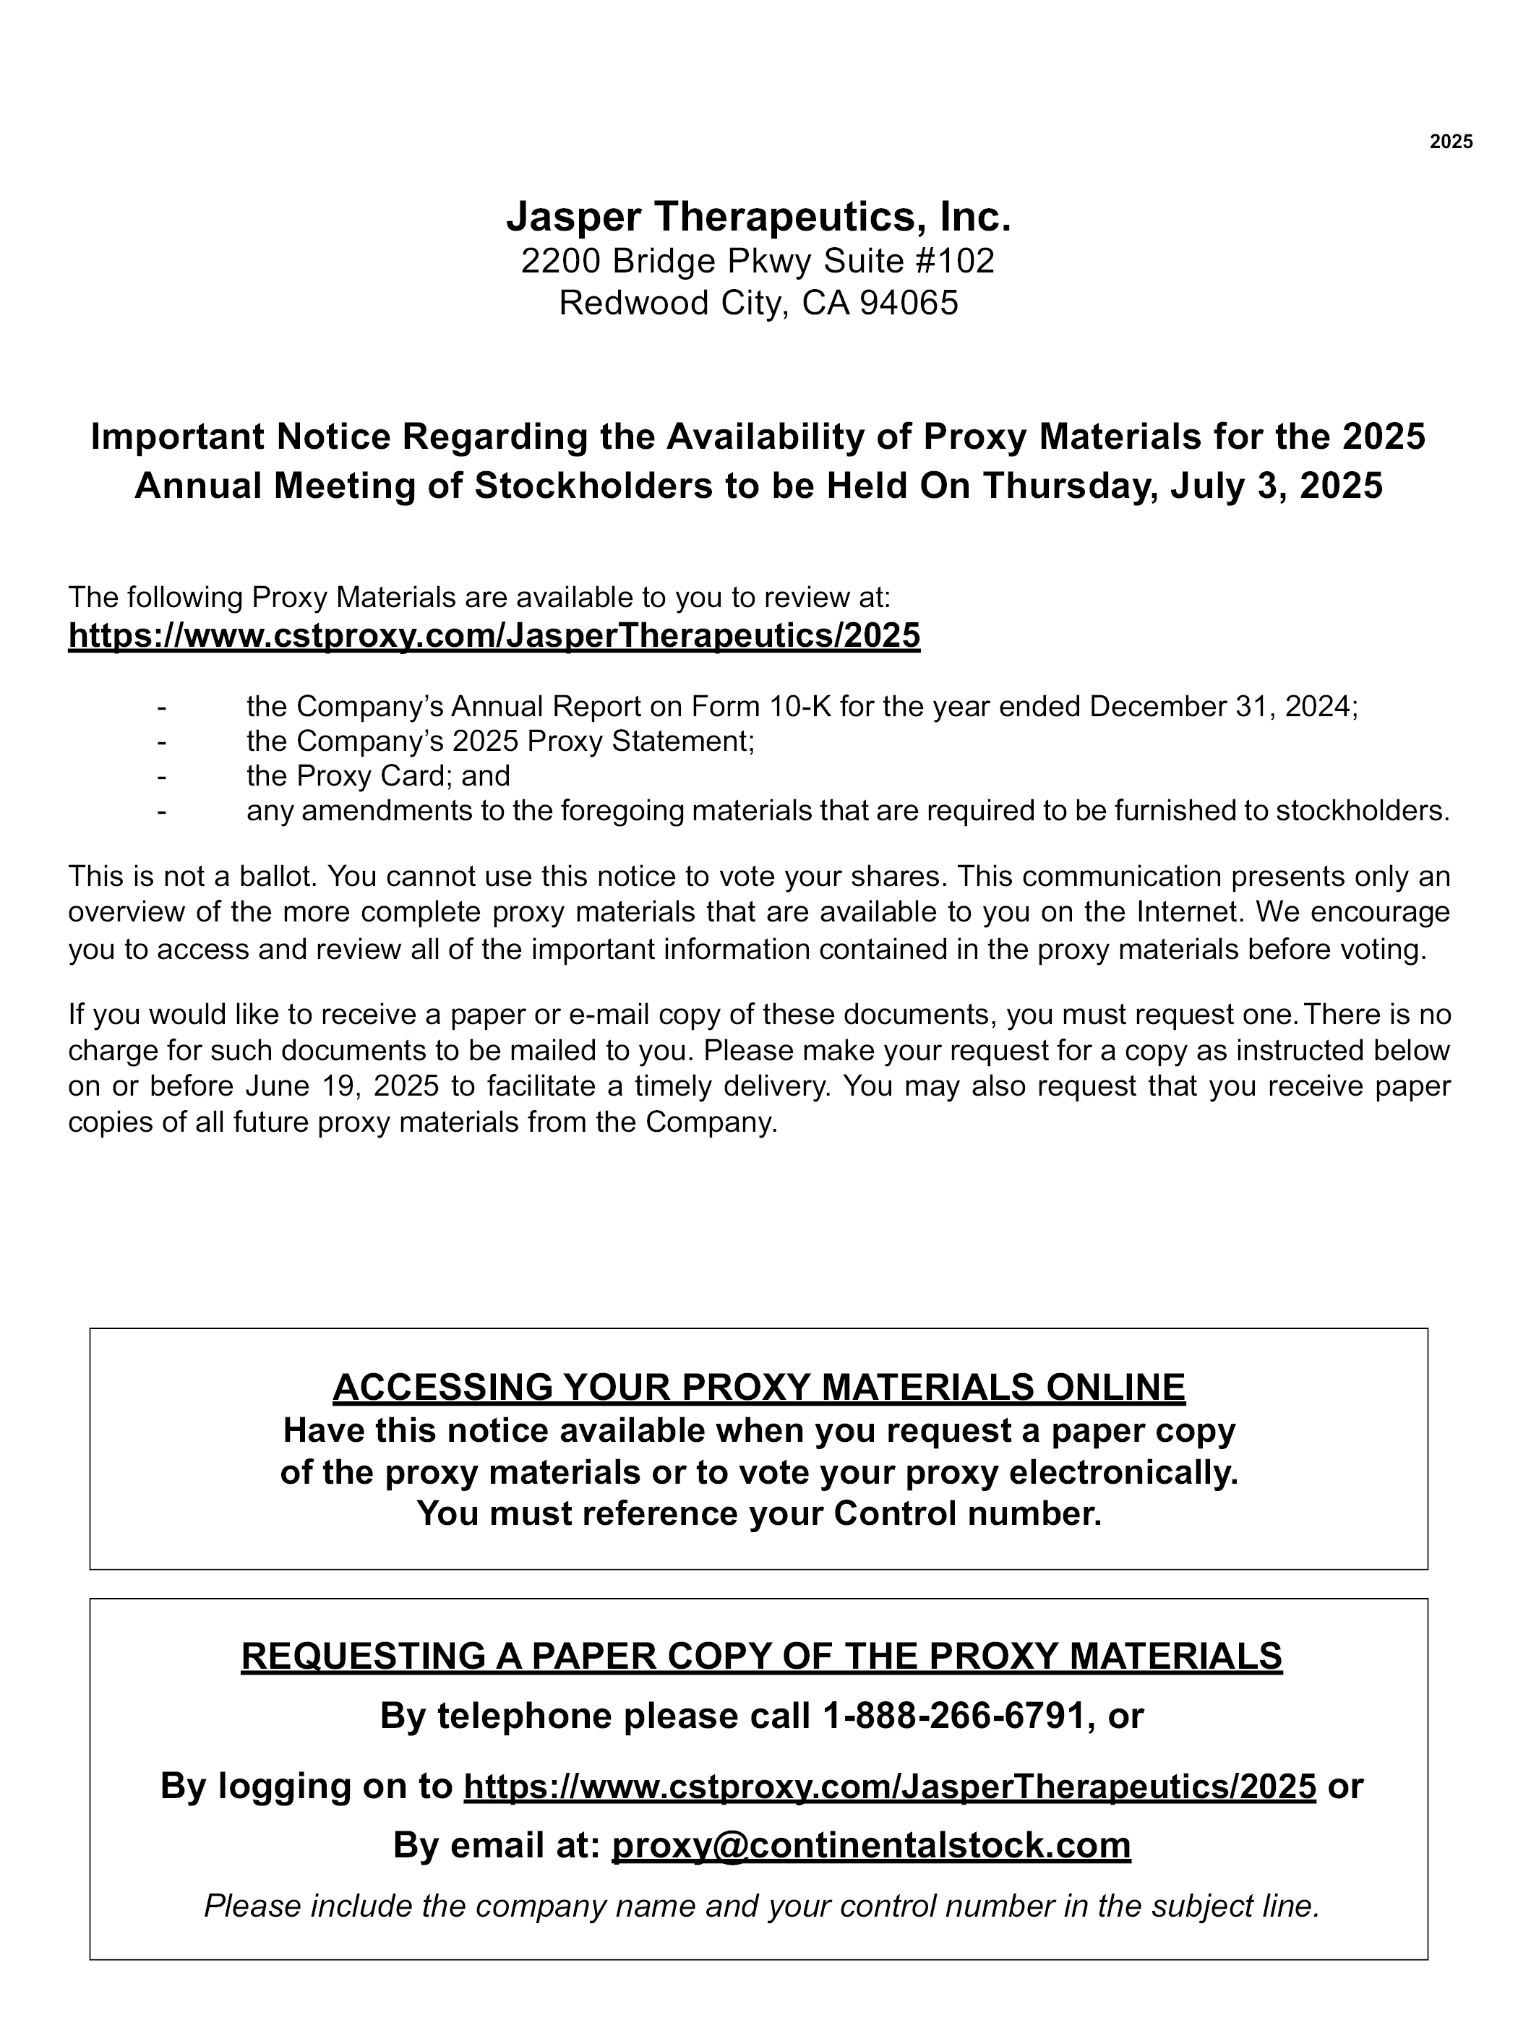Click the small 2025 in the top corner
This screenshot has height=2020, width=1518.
(x=1450, y=142)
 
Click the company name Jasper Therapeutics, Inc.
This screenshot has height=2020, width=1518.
(x=758, y=216)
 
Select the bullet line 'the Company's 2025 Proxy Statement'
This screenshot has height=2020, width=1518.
(x=500, y=741)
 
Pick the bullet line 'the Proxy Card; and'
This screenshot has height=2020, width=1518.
(x=378, y=775)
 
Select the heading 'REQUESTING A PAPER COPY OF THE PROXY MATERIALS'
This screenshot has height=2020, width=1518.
(x=761, y=1656)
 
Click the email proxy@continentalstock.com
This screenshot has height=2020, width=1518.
(x=870, y=1846)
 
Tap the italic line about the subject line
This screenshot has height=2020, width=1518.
(x=761, y=1906)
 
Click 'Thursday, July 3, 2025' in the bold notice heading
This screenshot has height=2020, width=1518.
(x=1183, y=486)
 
